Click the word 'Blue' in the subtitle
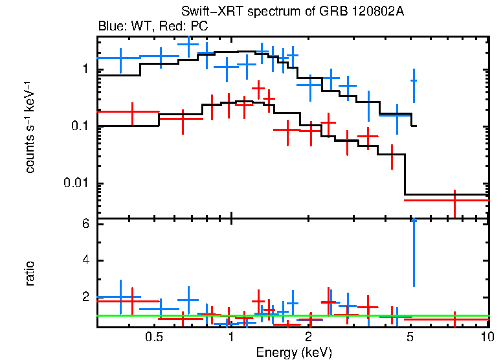[x=110, y=27]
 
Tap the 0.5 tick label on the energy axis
[x=153, y=337]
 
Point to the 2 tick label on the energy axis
[x=309, y=337]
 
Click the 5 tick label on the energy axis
[x=410, y=337]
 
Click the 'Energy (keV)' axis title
[x=294, y=352]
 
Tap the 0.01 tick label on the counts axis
[x=77, y=183]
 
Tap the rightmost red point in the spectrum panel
[x=455, y=200]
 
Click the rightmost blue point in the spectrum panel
[x=414, y=80]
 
